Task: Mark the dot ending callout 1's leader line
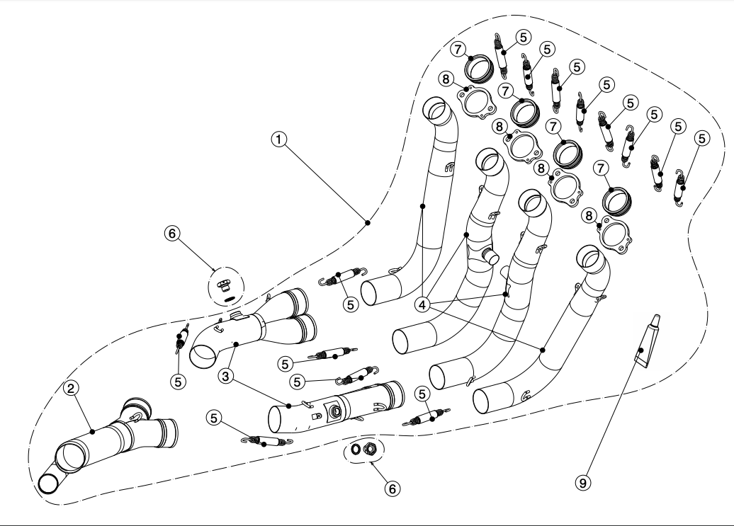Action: [x=368, y=223]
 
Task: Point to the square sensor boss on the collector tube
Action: [x=331, y=408]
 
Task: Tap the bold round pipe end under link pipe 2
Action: [x=50, y=484]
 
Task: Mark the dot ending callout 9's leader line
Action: [x=640, y=350]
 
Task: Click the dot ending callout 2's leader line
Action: [x=92, y=430]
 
